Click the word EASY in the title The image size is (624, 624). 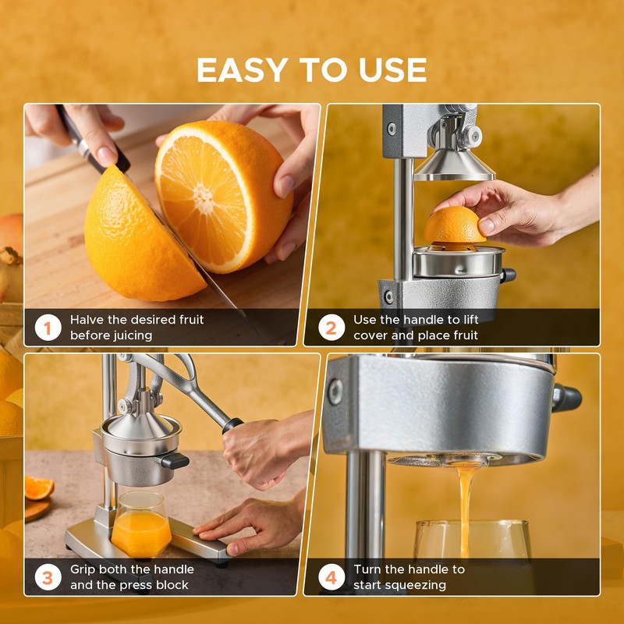(243, 70)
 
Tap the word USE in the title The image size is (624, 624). (392, 70)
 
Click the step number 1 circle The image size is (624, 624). (48, 328)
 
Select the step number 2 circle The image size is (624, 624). (331, 328)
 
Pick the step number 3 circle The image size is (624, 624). (48, 577)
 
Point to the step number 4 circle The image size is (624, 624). (331, 577)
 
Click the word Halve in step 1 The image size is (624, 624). (84, 320)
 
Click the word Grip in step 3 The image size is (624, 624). (83, 569)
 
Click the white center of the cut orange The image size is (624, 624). (204, 198)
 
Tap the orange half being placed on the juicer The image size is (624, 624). (454, 227)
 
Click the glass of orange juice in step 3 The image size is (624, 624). (141, 524)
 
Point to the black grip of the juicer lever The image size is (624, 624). (232, 425)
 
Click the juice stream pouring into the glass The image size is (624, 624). (465, 509)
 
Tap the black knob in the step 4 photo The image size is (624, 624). (567, 398)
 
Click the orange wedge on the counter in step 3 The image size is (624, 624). (39, 487)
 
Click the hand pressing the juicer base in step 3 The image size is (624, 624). (250, 524)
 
